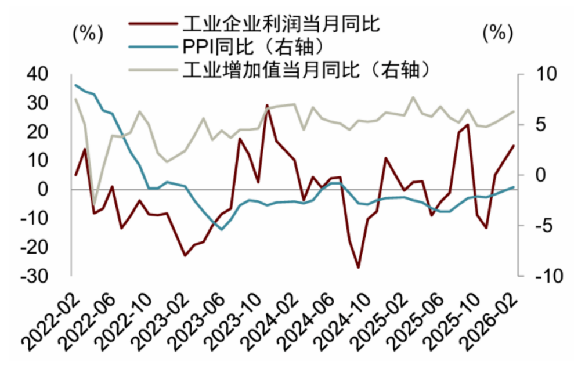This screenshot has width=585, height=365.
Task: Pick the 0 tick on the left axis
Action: (x=55, y=190)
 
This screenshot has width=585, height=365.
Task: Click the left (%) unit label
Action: (x=87, y=33)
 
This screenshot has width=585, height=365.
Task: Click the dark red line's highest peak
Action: (x=268, y=106)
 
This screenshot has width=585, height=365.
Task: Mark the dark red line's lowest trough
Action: (x=359, y=267)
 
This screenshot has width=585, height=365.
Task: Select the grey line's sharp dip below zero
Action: (x=94, y=206)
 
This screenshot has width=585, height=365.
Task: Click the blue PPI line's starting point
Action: (x=75, y=85)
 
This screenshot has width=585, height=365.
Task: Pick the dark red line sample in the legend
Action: (x=152, y=24)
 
